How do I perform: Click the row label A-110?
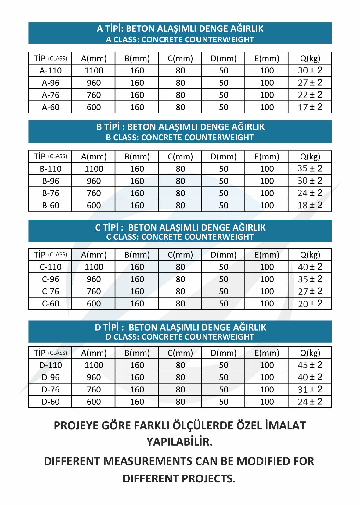[51, 70]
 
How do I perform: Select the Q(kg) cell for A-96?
[310, 83]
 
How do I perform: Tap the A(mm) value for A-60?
[94, 107]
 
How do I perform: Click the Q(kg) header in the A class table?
[310, 58]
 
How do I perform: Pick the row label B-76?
[51, 193]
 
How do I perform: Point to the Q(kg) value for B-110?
[310, 169]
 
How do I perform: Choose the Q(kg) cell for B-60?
[310, 205]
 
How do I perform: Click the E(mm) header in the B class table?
[267, 156]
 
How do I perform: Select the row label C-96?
[51, 279]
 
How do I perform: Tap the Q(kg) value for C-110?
[310, 267]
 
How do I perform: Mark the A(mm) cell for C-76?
[94, 291]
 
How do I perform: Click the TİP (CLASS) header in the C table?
[51, 255]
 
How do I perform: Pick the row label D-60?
[51, 402]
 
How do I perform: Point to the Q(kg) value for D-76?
[310, 389]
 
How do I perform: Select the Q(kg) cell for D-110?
[310, 365]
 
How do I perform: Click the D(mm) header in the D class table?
[224, 353]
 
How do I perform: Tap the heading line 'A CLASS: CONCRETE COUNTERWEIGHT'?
[180, 40]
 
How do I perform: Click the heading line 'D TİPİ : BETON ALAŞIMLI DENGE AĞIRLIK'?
[180, 327]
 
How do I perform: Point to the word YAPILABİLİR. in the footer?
[179, 442]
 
